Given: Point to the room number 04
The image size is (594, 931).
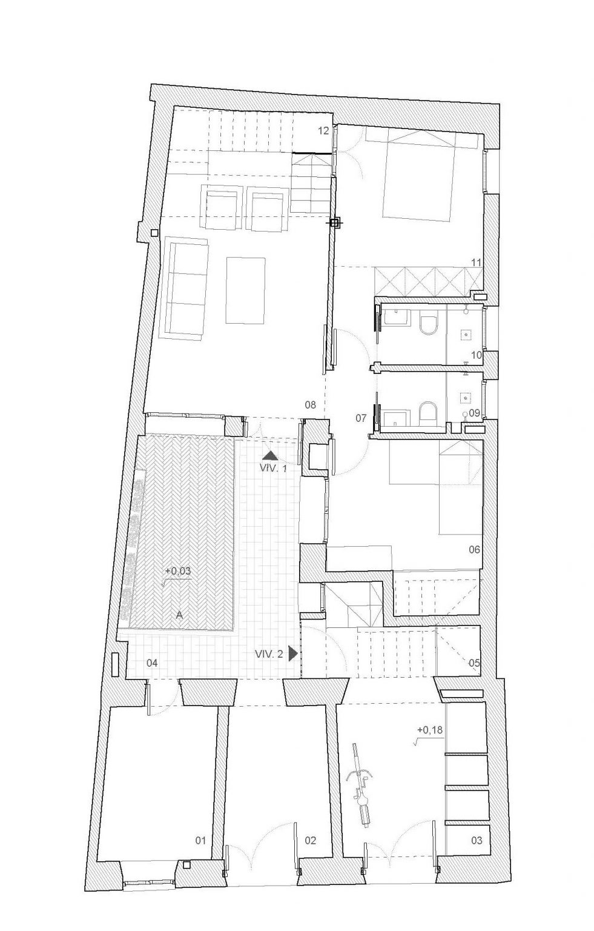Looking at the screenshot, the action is coord(153,662).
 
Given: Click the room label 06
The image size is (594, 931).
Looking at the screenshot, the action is coord(474,550).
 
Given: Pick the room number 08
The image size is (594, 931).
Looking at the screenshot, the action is coord(310,404).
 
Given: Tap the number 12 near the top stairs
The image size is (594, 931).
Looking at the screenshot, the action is coord(323,132).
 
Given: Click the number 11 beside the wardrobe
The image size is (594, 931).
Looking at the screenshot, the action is coord(476,262).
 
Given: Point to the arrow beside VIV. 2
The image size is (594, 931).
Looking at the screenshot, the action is coord(293,653).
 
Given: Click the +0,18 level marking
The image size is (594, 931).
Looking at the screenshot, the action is coord(430,729).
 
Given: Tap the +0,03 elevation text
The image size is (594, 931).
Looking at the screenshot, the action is coord(177,570).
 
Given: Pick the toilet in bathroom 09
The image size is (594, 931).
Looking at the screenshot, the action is coord(427,413).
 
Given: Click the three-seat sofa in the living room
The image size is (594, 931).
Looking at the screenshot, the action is coord(186,284).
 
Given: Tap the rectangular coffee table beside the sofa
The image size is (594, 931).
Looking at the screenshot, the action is coord(245,290).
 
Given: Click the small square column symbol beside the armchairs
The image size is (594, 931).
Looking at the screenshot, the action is coord(154,233).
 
